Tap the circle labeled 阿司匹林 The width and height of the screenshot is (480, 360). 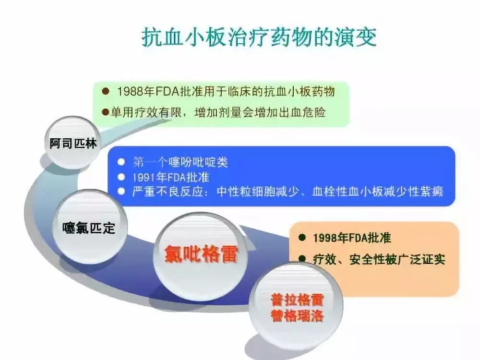(73, 143)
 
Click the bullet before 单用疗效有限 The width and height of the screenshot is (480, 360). (106, 113)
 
